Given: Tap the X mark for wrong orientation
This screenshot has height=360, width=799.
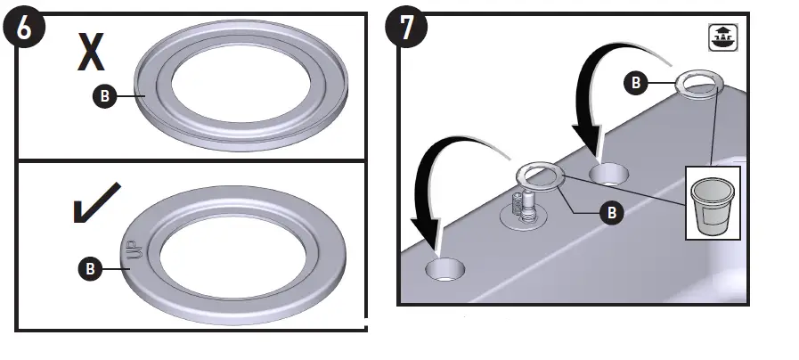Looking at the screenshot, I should (90, 53).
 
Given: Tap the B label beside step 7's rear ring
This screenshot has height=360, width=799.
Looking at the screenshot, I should (636, 84).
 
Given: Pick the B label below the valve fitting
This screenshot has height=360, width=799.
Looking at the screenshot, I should (610, 213).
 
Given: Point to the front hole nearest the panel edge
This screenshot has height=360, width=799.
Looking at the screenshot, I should (444, 270).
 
